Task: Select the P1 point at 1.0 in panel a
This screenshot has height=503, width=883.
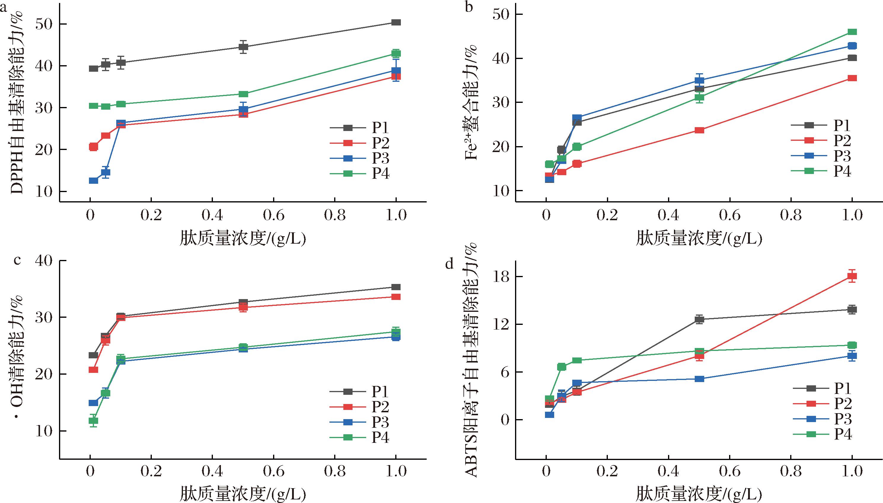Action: coord(396,23)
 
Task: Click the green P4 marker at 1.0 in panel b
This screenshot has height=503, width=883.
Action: coord(852,32)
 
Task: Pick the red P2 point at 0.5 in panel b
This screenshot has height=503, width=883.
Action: coord(699,130)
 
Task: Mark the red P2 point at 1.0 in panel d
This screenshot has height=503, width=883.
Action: coord(852,276)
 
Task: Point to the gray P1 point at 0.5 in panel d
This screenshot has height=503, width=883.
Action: coord(699,319)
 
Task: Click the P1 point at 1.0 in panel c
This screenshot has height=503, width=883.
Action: coord(396,287)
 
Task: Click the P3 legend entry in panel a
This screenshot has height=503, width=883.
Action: coord(359,158)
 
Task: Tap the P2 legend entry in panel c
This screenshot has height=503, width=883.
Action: coord(359,407)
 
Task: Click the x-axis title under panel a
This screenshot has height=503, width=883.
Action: coord(243,239)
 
